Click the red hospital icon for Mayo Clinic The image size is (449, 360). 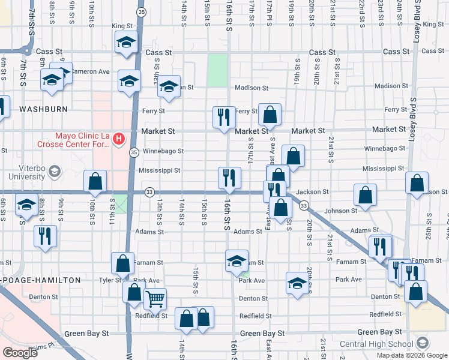click(118, 139)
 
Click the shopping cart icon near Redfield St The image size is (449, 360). click(155, 298)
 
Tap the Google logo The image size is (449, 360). click(19, 352)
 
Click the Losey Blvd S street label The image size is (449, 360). click(414, 24)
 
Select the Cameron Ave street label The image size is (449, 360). click(90, 71)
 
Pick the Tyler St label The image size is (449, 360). click(110, 280)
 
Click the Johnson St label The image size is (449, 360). click(340, 211)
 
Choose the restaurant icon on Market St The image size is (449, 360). click(224, 116)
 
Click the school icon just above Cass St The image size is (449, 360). click(126, 42)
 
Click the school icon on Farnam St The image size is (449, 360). click(237, 260)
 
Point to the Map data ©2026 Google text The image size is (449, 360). click(411, 355)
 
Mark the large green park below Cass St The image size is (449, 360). click(217, 70)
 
